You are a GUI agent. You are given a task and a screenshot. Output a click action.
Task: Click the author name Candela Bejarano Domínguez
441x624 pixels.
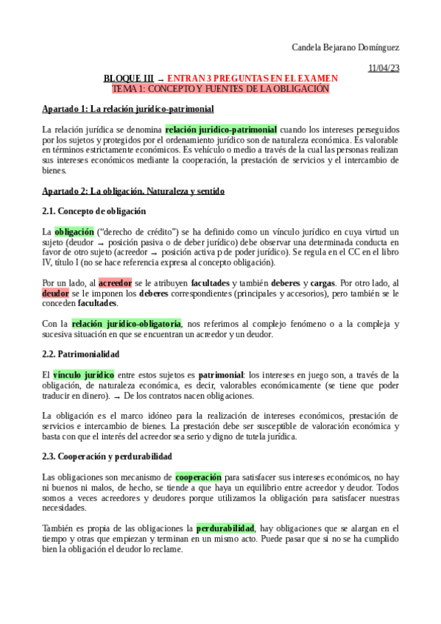346,48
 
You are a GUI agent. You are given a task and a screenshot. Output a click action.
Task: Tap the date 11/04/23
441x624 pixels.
383,68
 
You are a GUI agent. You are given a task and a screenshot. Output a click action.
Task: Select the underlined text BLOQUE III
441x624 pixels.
129,78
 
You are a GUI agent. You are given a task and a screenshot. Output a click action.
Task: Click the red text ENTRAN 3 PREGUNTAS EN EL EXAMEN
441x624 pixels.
253,78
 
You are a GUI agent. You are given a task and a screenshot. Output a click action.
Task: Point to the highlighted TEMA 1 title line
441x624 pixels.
220,88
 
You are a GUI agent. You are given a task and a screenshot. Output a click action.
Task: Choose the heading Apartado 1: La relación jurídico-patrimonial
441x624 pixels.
128,109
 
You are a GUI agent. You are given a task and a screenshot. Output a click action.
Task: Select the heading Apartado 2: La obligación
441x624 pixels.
133,191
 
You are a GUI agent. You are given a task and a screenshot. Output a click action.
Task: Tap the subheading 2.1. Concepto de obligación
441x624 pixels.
94,211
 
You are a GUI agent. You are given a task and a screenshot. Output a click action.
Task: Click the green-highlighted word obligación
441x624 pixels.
74,232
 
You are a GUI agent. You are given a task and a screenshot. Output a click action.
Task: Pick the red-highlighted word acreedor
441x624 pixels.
115,283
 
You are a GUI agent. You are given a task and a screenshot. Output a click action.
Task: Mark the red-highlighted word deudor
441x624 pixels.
55,293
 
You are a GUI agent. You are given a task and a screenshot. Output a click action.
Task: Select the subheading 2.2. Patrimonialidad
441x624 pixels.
77,354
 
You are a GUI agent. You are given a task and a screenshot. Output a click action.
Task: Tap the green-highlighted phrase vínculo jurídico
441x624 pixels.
84,375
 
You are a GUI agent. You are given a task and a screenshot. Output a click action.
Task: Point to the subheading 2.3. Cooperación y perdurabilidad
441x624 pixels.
107,456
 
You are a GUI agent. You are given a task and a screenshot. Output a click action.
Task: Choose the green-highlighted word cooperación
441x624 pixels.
198,477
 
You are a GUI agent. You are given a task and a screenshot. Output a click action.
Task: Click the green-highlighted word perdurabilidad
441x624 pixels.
225,528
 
